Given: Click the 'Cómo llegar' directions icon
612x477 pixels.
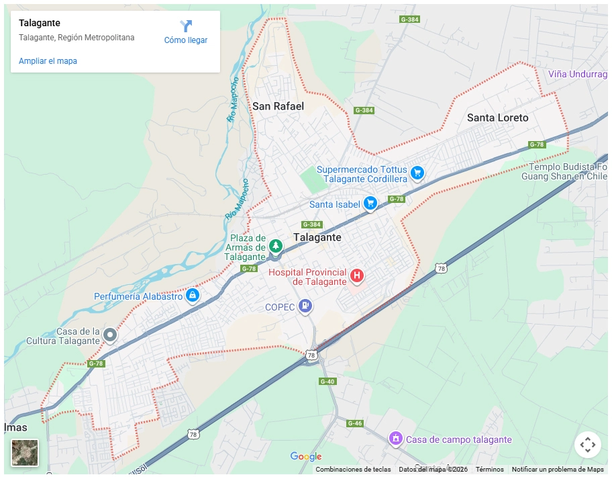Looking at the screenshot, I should [186, 26].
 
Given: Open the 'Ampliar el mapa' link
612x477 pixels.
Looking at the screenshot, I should [48, 61].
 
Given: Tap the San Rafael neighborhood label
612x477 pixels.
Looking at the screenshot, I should [278, 106].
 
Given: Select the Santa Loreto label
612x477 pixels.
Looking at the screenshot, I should [497, 118].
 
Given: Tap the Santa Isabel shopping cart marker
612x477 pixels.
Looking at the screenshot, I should [370, 203].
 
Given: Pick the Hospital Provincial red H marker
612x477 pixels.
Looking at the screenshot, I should [357, 275].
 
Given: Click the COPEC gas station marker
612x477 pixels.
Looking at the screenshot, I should [306, 306].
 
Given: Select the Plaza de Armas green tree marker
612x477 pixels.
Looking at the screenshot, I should [275, 247].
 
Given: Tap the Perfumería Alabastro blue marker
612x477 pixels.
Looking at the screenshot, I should [193, 295].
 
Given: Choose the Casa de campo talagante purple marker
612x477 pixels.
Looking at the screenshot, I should [396, 439].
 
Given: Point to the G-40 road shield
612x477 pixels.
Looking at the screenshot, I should [327, 382].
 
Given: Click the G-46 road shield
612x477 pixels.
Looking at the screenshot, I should [355, 423].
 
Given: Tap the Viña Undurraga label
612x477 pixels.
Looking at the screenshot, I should [577, 74].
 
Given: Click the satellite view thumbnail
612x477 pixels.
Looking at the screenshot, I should [25, 452].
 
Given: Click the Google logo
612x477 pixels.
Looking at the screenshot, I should [306, 457].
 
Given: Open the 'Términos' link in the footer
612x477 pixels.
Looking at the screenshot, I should [490, 470].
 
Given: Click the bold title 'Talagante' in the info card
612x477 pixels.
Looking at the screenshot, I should [40, 24].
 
